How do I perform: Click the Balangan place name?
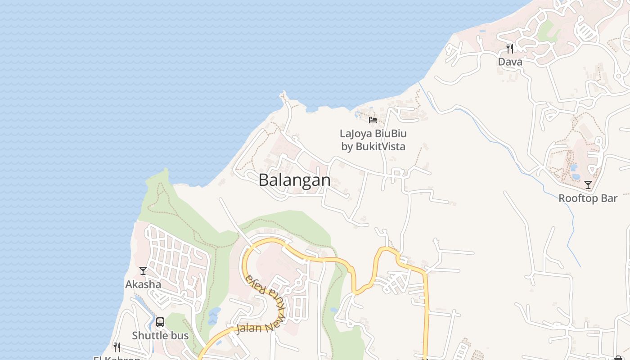tap(294, 180)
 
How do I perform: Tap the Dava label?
tap(510, 62)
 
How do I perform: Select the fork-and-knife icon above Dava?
tap(510, 48)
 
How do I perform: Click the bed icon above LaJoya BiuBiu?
tap(373, 120)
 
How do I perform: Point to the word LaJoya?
tap(355, 134)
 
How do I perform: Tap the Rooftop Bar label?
tap(588, 198)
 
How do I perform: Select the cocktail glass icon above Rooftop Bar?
tap(588, 185)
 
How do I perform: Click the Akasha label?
tap(143, 284)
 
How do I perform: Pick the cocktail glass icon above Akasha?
tap(143, 271)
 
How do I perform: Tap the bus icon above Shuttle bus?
tap(160, 322)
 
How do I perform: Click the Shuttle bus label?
tap(160, 336)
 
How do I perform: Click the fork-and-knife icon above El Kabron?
tap(117, 347)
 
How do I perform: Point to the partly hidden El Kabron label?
tap(117, 358)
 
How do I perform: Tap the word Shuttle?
tap(147, 336)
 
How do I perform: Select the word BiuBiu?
tap(390, 134)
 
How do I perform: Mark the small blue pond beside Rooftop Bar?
tap(574, 168)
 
